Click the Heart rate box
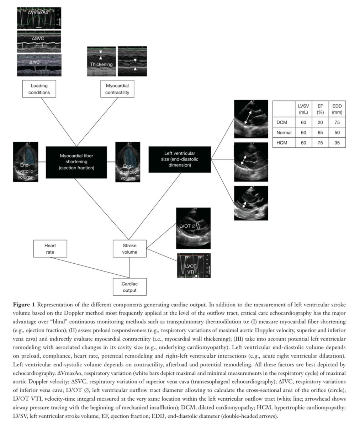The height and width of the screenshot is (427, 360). (50, 249)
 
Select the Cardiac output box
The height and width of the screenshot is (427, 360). (129, 287)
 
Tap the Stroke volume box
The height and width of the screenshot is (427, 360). (129, 249)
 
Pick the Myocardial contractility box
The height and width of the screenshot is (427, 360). (117, 89)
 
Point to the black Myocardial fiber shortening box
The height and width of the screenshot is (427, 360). (77, 162)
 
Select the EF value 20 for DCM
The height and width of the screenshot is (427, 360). (320, 122)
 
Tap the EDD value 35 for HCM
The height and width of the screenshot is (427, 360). (337, 143)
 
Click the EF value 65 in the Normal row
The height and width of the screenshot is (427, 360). (320, 132)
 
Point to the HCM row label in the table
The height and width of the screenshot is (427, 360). (282, 143)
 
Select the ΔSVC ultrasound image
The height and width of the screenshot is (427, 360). (39, 42)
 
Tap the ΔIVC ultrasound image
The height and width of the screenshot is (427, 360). (39, 65)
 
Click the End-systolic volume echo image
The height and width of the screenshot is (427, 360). (26, 162)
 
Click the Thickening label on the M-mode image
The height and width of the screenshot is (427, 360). (101, 64)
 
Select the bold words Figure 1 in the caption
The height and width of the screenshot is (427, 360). (24, 305)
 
